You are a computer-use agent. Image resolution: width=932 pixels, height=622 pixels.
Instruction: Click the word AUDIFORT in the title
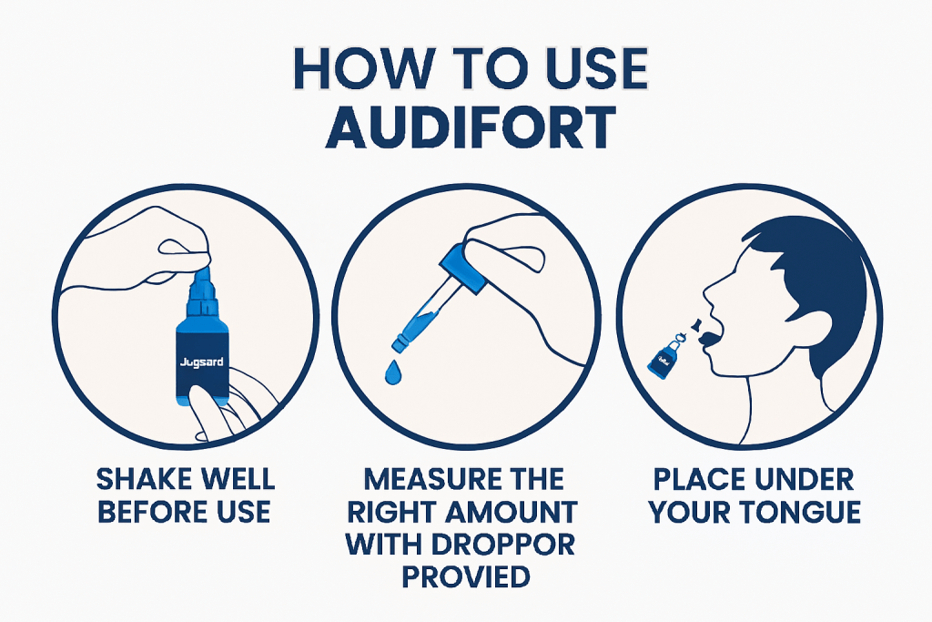(466, 130)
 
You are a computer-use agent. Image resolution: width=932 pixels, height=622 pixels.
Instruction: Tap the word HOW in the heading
(347, 70)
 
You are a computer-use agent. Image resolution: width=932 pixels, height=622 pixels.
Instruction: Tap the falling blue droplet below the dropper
(394, 372)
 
